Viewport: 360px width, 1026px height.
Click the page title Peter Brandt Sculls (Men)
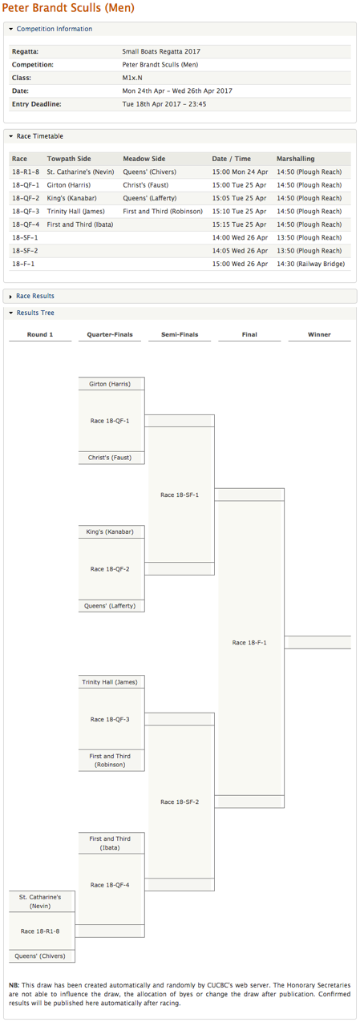point(68,8)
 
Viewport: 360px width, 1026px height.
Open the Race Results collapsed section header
point(34,296)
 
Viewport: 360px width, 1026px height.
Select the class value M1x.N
point(132,78)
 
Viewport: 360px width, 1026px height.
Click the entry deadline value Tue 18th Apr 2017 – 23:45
point(164,104)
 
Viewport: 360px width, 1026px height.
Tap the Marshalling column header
point(295,159)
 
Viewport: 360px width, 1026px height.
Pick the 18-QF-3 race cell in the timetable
point(26,211)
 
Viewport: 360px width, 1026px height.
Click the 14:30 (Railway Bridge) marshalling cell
point(310,264)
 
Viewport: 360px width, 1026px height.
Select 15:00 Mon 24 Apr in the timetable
point(240,172)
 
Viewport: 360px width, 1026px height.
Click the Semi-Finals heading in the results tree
point(180,334)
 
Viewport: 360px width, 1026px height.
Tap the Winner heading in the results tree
point(319,334)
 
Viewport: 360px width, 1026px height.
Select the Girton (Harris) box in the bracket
point(110,384)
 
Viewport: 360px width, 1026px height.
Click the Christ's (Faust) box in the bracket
point(110,457)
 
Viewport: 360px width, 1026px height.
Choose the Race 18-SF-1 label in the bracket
point(180,495)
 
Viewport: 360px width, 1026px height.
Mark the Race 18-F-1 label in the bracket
point(249,643)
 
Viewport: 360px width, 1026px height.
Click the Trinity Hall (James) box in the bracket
point(110,681)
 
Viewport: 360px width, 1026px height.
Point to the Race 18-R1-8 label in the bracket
point(40,931)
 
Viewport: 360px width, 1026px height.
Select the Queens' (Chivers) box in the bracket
point(40,956)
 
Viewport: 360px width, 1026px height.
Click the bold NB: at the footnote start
point(14,985)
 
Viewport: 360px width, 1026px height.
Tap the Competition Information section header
point(54,29)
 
